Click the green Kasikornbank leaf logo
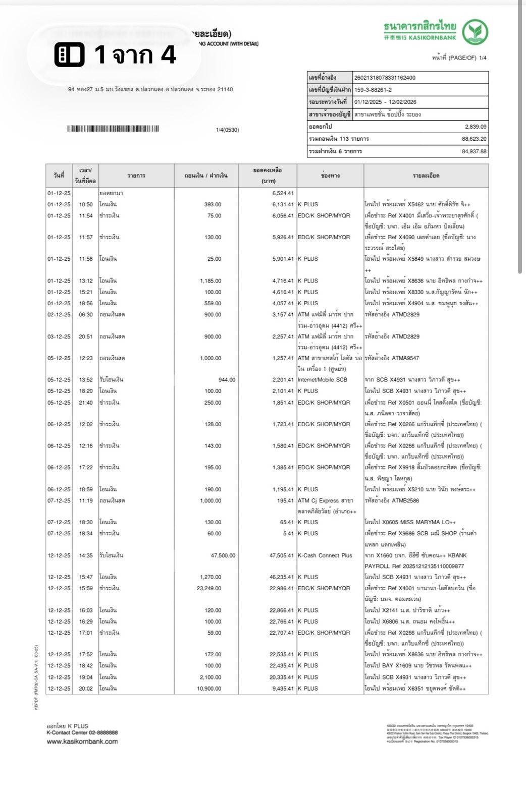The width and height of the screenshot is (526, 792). click(x=475, y=32)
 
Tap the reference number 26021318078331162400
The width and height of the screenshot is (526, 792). click(x=385, y=78)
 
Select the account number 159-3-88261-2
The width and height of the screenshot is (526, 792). click(x=373, y=90)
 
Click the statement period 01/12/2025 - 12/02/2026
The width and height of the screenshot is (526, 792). click(x=385, y=102)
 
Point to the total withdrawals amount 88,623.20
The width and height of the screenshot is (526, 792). click(x=474, y=139)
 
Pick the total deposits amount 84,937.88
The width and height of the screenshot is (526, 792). click(x=474, y=151)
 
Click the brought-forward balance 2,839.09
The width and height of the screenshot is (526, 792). click(x=476, y=127)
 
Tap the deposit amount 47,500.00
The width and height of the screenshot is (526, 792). click(x=223, y=555)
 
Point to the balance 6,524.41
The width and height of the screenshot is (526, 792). click(x=283, y=193)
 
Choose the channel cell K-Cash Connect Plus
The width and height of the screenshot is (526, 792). click(x=325, y=555)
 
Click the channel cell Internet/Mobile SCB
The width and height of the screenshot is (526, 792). click(x=322, y=380)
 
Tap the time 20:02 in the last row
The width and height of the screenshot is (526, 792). click(x=86, y=689)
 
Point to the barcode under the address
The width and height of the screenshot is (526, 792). click(x=113, y=129)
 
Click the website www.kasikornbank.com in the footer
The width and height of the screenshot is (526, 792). click(x=82, y=742)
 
